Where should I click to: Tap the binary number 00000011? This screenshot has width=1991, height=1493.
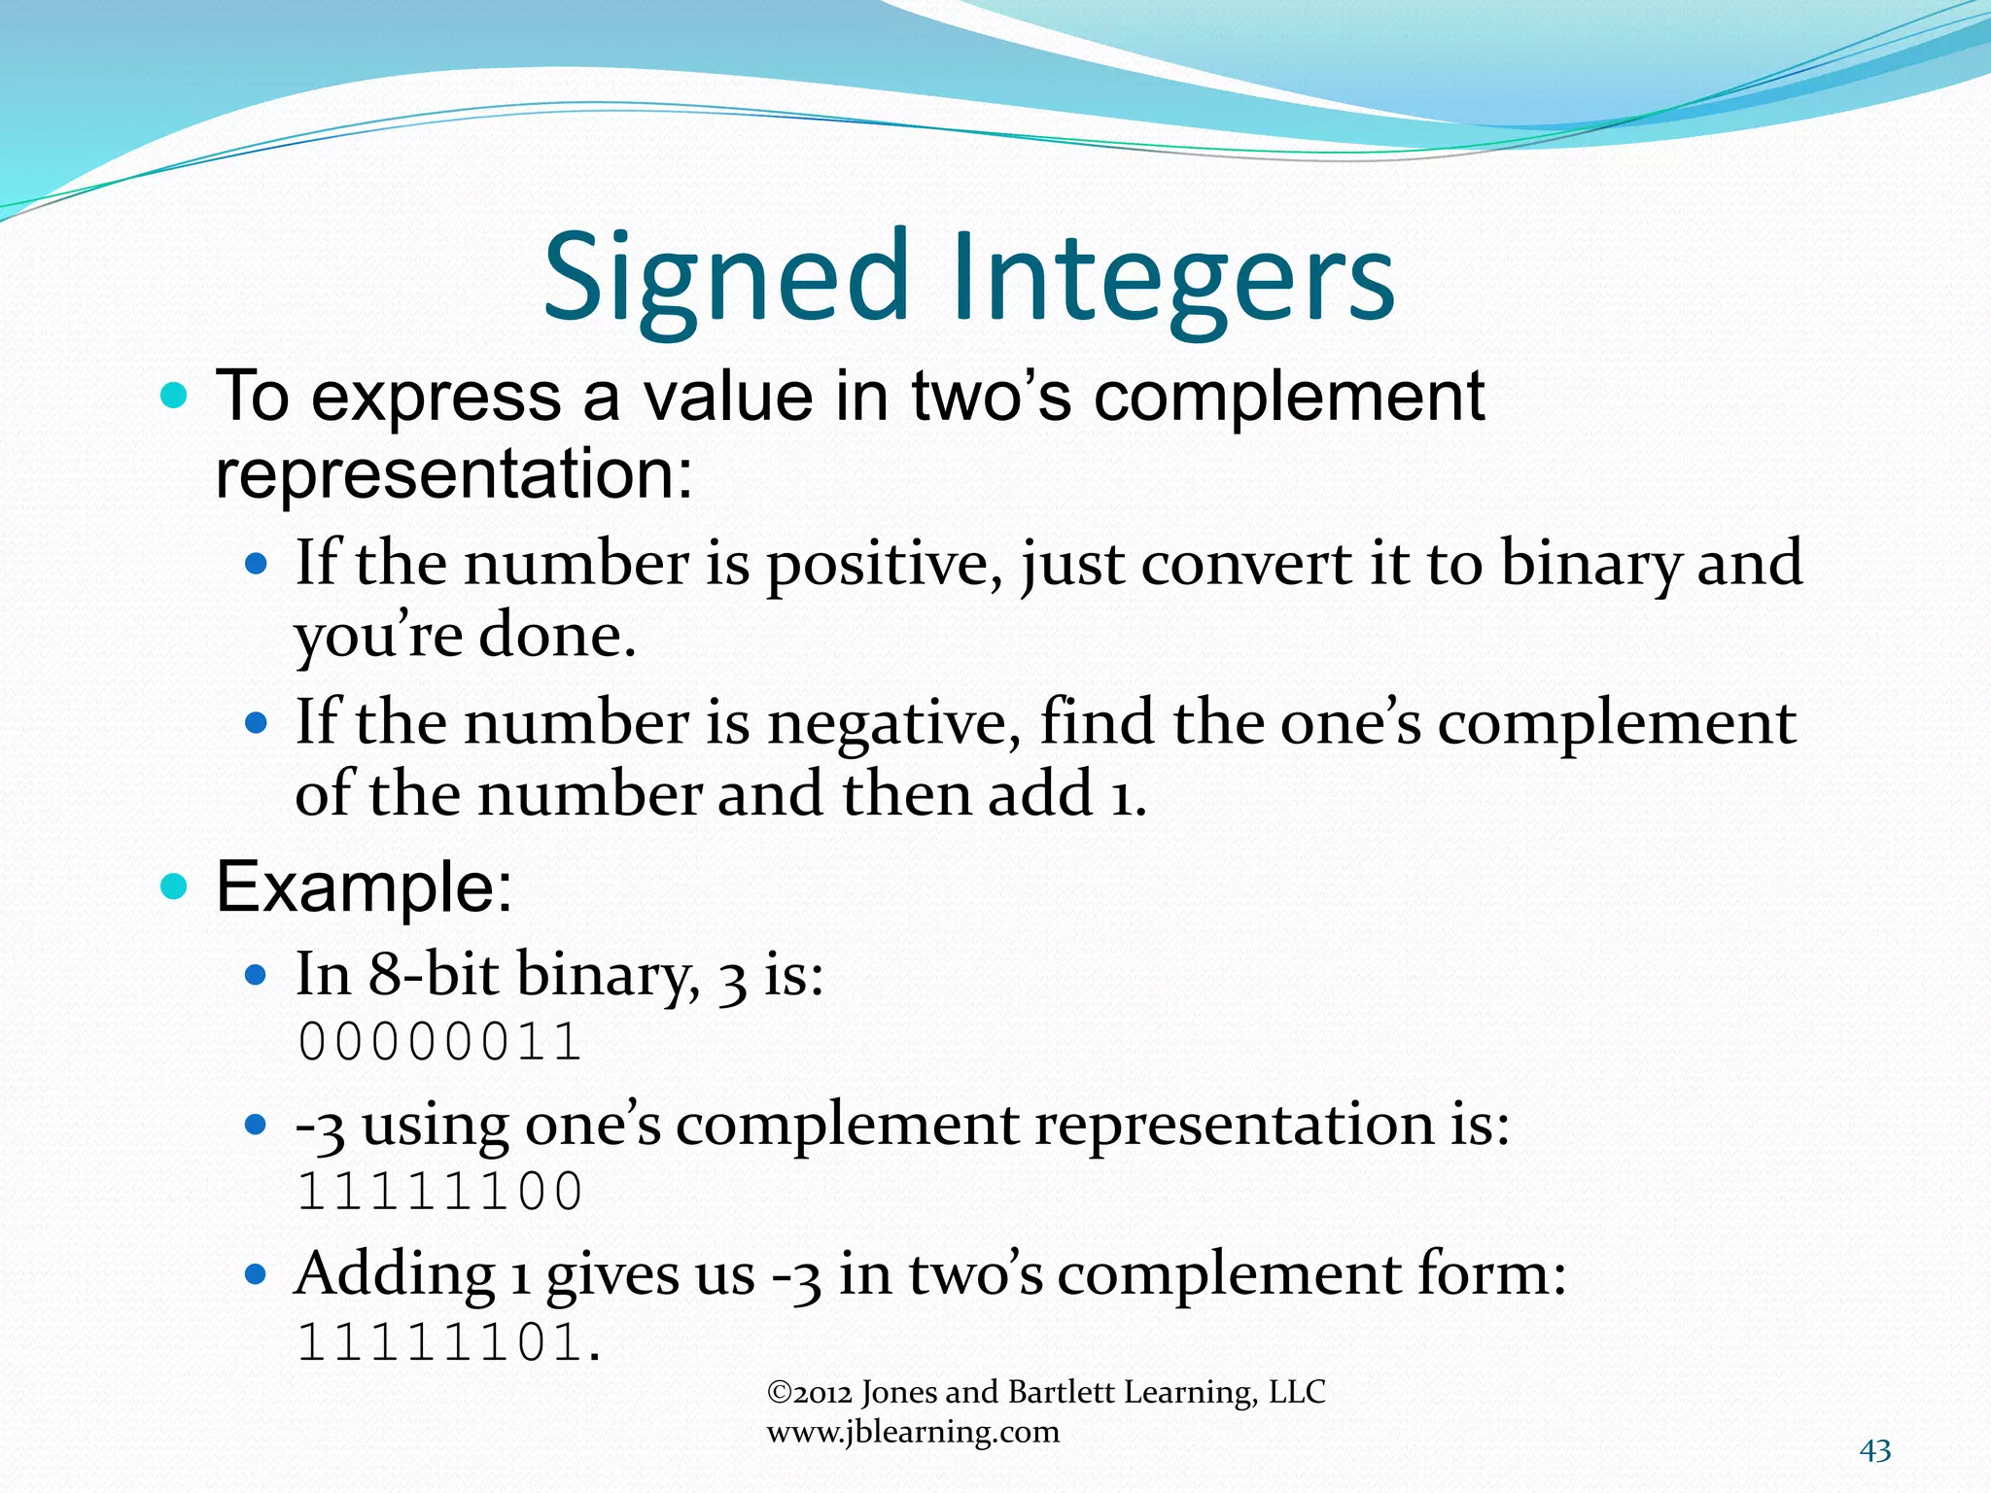pyautogui.click(x=439, y=1043)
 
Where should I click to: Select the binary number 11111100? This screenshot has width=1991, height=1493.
pyautogui.click(x=439, y=1193)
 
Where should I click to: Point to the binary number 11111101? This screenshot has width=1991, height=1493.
pyautogui.click(x=439, y=1343)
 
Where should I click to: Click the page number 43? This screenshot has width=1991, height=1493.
pyautogui.click(x=1875, y=1451)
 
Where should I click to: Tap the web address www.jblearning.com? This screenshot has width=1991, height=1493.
pyautogui.click(x=913, y=1432)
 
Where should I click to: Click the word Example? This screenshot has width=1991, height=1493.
pyautogui.click(x=364, y=886)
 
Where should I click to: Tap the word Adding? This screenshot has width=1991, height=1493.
pyautogui.click(x=395, y=1273)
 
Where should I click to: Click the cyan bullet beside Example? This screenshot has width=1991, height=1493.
pyautogui.click(x=174, y=886)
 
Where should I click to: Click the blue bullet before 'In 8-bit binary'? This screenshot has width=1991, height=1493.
pyautogui.click(x=256, y=975)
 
